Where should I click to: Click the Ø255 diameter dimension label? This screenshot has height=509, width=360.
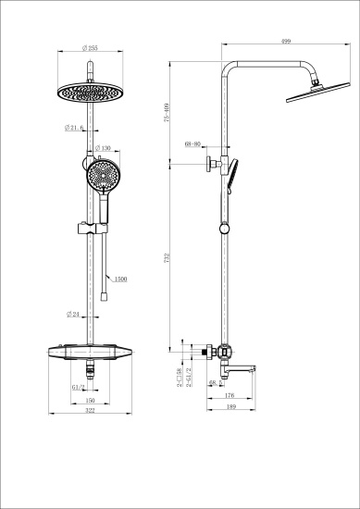tap(92, 48)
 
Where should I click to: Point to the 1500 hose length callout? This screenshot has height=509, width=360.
tap(119, 277)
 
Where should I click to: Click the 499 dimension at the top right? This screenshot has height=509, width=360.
tap(287, 41)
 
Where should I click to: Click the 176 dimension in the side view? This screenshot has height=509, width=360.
tap(229, 396)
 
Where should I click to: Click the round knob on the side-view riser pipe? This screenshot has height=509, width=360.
tap(223, 228)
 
